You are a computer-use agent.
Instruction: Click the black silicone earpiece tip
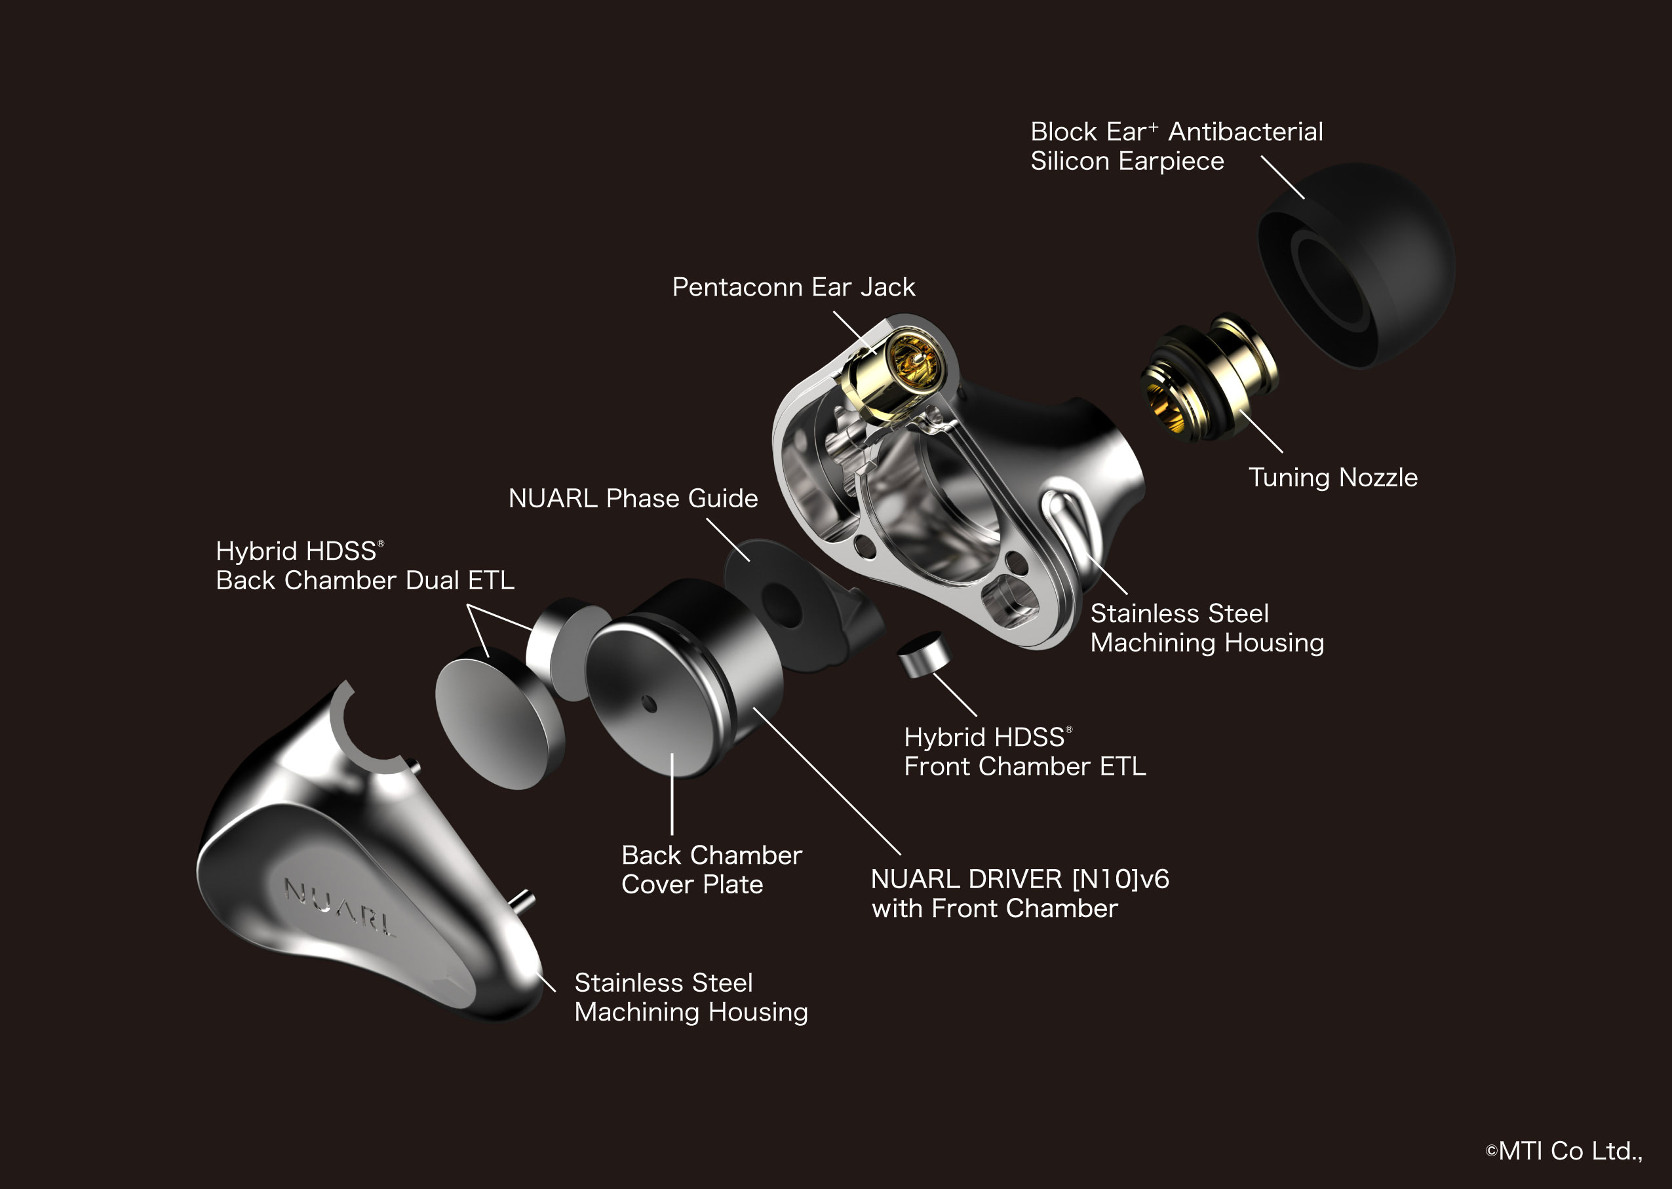click(x=1355, y=265)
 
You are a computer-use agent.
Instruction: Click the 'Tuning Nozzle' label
click(x=1333, y=477)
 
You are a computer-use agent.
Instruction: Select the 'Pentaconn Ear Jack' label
click(x=794, y=287)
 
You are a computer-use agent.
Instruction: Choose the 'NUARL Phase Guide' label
click(x=633, y=499)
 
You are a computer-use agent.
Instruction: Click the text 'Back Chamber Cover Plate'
click(x=712, y=870)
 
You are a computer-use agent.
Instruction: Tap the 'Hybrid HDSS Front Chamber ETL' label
click(x=1025, y=751)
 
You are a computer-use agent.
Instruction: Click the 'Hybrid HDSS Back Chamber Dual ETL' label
click(x=364, y=565)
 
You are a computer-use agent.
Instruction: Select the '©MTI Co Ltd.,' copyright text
click(x=1564, y=1151)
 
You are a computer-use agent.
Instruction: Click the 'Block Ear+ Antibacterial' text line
click(x=1176, y=132)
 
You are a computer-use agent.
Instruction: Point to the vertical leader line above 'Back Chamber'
click(x=672, y=795)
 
